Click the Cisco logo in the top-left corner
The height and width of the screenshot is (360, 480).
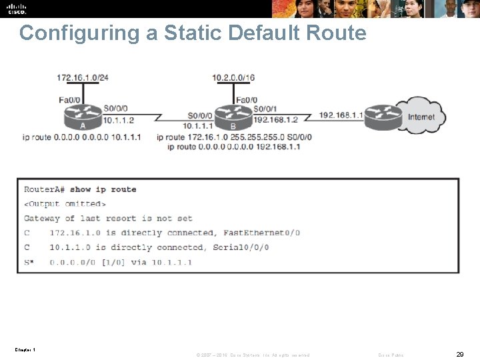[17, 9]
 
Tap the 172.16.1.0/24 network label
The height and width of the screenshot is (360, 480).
[83, 77]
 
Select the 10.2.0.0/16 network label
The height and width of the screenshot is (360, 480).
[233, 77]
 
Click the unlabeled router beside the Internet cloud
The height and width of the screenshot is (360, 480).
[383, 117]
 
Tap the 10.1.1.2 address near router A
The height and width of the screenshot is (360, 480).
[119, 121]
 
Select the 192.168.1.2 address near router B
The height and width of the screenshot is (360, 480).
[275, 121]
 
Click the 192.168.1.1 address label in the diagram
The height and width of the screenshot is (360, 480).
[341, 115]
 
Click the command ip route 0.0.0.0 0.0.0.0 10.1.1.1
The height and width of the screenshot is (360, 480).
[81, 137]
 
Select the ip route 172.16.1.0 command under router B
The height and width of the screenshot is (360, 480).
[234, 137]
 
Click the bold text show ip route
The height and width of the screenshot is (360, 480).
[103, 189]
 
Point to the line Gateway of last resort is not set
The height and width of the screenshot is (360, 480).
[108, 218]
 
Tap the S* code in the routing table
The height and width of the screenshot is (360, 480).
[29, 262]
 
